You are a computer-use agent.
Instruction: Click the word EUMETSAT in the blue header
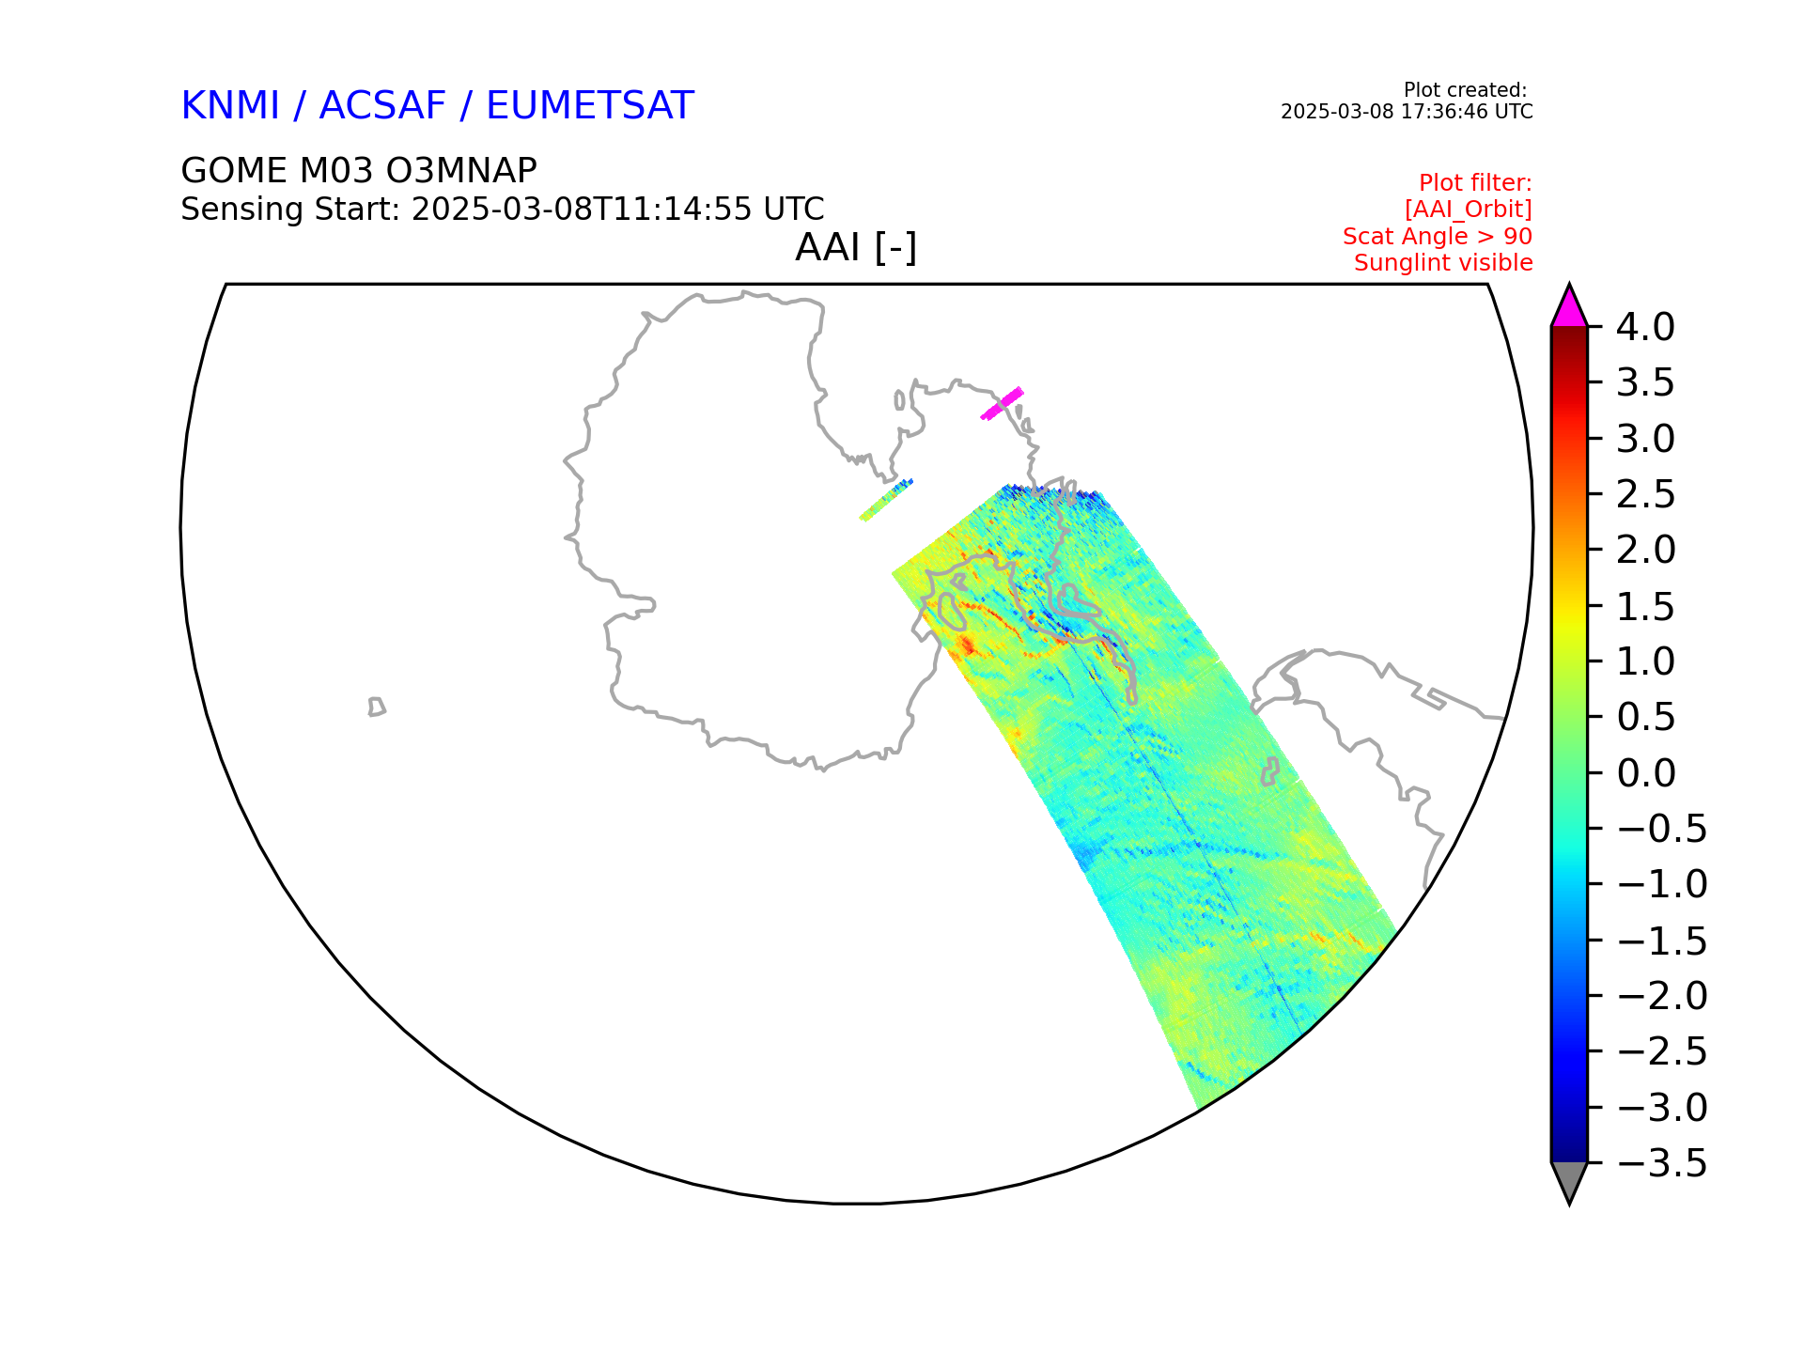click(590, 105)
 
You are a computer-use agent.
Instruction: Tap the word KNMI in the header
click(230, 105)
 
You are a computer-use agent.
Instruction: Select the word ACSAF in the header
click(382, 105)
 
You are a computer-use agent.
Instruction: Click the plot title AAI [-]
click(856, 248)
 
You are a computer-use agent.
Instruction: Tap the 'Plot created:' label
click(1465, 90)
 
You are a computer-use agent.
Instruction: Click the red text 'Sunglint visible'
click(1443, 263)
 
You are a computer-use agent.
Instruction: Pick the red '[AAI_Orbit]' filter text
click(1469, 210)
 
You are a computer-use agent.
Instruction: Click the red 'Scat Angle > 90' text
click(1438, 236)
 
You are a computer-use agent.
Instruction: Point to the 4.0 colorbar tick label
click(1645, 327)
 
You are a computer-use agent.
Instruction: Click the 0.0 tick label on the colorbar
click(1646, 773)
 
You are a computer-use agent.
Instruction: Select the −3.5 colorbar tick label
click(1661, 1163)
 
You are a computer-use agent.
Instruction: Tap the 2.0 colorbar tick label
click(1645, 550)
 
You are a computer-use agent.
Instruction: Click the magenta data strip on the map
click(1002, 403)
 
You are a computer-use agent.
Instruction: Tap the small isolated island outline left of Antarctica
click(377, 707)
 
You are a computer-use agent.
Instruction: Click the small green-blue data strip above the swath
click(886, 500)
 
